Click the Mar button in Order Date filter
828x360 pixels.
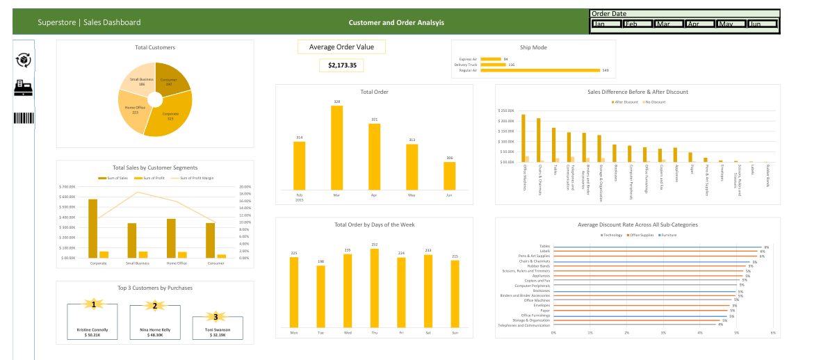point(668,24)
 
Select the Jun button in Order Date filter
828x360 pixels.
point(762,24)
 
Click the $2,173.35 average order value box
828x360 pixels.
point(341,65)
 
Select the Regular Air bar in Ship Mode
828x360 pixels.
point(539,70)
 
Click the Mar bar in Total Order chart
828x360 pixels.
point(336,147)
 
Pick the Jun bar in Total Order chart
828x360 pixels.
point(449,175)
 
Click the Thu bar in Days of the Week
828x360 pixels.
point(374,288)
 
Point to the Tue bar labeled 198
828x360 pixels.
point(320,296)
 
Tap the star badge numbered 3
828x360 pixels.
point(216,316)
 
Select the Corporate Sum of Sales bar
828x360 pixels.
point(93,229)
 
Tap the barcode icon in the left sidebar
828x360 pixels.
point(24,117)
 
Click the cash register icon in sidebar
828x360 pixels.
point(24,88)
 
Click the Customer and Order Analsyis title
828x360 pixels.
point(396,23)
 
